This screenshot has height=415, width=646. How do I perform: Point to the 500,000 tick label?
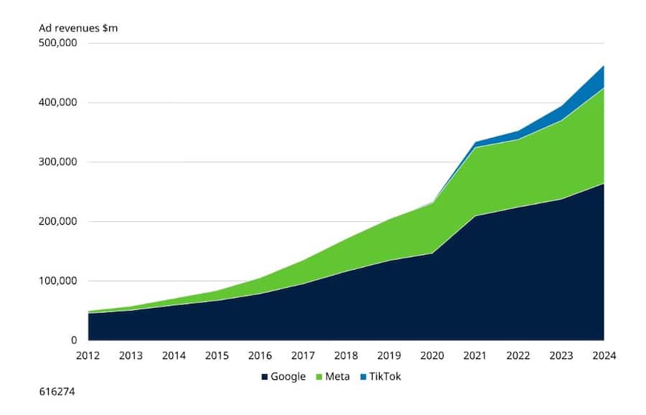click(57, 43)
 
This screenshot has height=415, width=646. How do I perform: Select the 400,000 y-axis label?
click(57, 103)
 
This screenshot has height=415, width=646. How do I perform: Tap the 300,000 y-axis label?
click(57, 162)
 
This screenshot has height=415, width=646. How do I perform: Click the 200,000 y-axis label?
click(57, 222)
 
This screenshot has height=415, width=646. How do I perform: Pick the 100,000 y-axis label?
click(57, 281)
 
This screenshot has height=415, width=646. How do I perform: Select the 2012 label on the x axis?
click(88, 355)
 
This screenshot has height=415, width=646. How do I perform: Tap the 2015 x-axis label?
click(217, 355)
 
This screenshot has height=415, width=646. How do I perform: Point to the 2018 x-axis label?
click(346, 355)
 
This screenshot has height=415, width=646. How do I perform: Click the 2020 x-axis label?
click(432, 355)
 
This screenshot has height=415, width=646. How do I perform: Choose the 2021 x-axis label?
click(475, 355)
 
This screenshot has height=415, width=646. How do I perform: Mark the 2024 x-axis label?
click(604, 355)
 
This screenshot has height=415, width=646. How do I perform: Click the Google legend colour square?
click(264, 377)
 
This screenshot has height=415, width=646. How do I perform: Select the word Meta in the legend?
click(338, 377)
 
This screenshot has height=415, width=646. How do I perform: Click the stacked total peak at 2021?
click(475, 142)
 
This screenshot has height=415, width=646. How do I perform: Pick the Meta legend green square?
click(320, 377)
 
